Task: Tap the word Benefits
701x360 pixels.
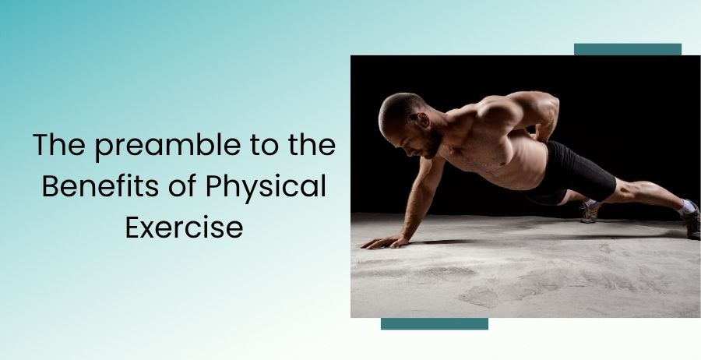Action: [x=101, y=186]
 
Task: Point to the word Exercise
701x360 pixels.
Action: [x=184, y=228]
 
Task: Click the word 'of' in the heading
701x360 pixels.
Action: [x=183, y=186]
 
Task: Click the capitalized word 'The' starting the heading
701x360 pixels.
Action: [x=59, y=144]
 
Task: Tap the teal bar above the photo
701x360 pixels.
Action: [x=628, y=49]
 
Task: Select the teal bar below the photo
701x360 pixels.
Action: [x=435, y=324]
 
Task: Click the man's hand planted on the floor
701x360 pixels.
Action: [x=385, y=242]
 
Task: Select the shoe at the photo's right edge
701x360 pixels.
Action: [x=691, y=222]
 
